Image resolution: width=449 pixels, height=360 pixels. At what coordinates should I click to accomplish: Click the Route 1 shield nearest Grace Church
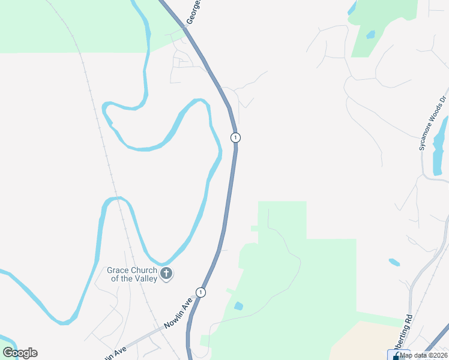point(200,292)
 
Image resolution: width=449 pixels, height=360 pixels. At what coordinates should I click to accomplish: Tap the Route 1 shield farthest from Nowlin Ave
point(235,137)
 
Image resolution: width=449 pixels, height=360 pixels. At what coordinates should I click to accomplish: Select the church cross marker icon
point(167,274)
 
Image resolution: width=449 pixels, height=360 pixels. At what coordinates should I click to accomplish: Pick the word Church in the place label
point(143,270)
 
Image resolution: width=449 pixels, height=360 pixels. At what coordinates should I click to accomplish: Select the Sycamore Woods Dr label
point(433,123)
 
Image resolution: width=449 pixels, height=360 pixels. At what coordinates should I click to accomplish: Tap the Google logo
point(20,353)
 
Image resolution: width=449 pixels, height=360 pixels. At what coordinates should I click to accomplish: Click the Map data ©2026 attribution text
point(424,355)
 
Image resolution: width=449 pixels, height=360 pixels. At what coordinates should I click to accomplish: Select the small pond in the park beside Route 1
point(238,306)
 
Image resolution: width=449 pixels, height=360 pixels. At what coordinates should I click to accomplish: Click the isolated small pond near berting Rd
point(394,262)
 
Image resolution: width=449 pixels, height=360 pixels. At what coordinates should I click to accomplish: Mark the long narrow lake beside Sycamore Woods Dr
point(439,141)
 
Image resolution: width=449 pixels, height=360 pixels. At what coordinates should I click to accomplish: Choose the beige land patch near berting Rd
point(366,342)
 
